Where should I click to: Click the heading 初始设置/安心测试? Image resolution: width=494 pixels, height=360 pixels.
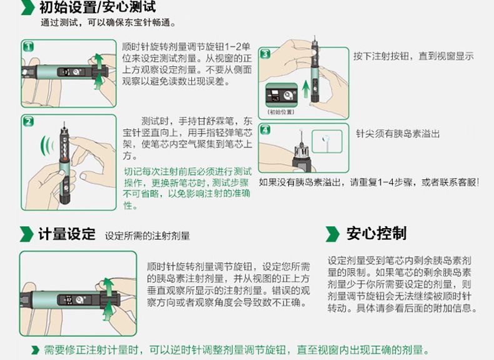point(98,7)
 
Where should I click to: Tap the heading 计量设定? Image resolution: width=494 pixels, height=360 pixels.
point(66,234)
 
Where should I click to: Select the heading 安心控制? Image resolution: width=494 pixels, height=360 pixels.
point(376,234)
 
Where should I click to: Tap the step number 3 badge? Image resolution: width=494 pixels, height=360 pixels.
point(265,54)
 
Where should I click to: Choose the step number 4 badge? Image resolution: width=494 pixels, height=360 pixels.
point(265,130)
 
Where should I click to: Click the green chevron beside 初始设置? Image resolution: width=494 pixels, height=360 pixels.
point(26,8)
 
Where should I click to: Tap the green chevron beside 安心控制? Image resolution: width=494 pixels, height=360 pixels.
point(332,234)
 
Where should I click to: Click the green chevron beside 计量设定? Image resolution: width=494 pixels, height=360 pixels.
point(26,234)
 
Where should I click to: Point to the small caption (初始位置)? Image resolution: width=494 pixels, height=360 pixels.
point(280,112)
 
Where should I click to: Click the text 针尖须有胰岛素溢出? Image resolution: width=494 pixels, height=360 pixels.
point(398,134)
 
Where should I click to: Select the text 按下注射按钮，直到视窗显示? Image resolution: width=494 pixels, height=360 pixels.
point(413,56)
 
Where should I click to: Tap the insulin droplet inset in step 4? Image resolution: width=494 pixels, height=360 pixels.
point(327,142)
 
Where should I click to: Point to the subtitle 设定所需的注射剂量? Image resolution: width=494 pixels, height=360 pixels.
point(148,236)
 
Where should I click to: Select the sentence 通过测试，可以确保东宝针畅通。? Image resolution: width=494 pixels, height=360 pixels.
point(94,22)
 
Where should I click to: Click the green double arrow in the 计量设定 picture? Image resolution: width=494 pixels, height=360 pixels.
point(108,296)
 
